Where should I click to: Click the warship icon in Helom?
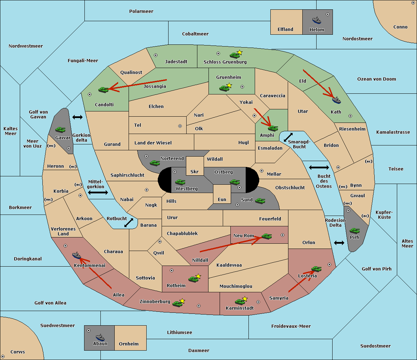[x=317, y=20]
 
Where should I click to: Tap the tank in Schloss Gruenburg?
[x=235, y=55]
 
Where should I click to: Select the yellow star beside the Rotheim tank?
[x=198, y=276]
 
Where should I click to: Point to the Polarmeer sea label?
[x=141, y=11]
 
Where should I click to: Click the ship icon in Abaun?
[x=100, y=337]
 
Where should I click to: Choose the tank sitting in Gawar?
[x=60, y=129]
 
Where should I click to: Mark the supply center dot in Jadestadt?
[x=156, y=55]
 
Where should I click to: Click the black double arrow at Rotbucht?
[x=129, y=223]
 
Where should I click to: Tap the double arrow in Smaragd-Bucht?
[x=288, y=137]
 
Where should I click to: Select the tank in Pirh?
[x=354, y=231]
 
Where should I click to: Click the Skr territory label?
[x=194, y=171]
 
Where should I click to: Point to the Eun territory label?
[x=222, y=199]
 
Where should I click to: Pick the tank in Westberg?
[x=180, y=182]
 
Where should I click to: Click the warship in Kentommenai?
[x=76, y=255]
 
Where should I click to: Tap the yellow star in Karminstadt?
[x=245, y=299]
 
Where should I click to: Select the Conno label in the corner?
[x=400, y=27]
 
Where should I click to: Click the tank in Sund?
[x=260, y=201]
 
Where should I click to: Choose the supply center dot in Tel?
[x=180, y=126]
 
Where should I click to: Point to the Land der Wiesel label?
[x=153, y=143]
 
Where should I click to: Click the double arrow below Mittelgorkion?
[x=98, y=192]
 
